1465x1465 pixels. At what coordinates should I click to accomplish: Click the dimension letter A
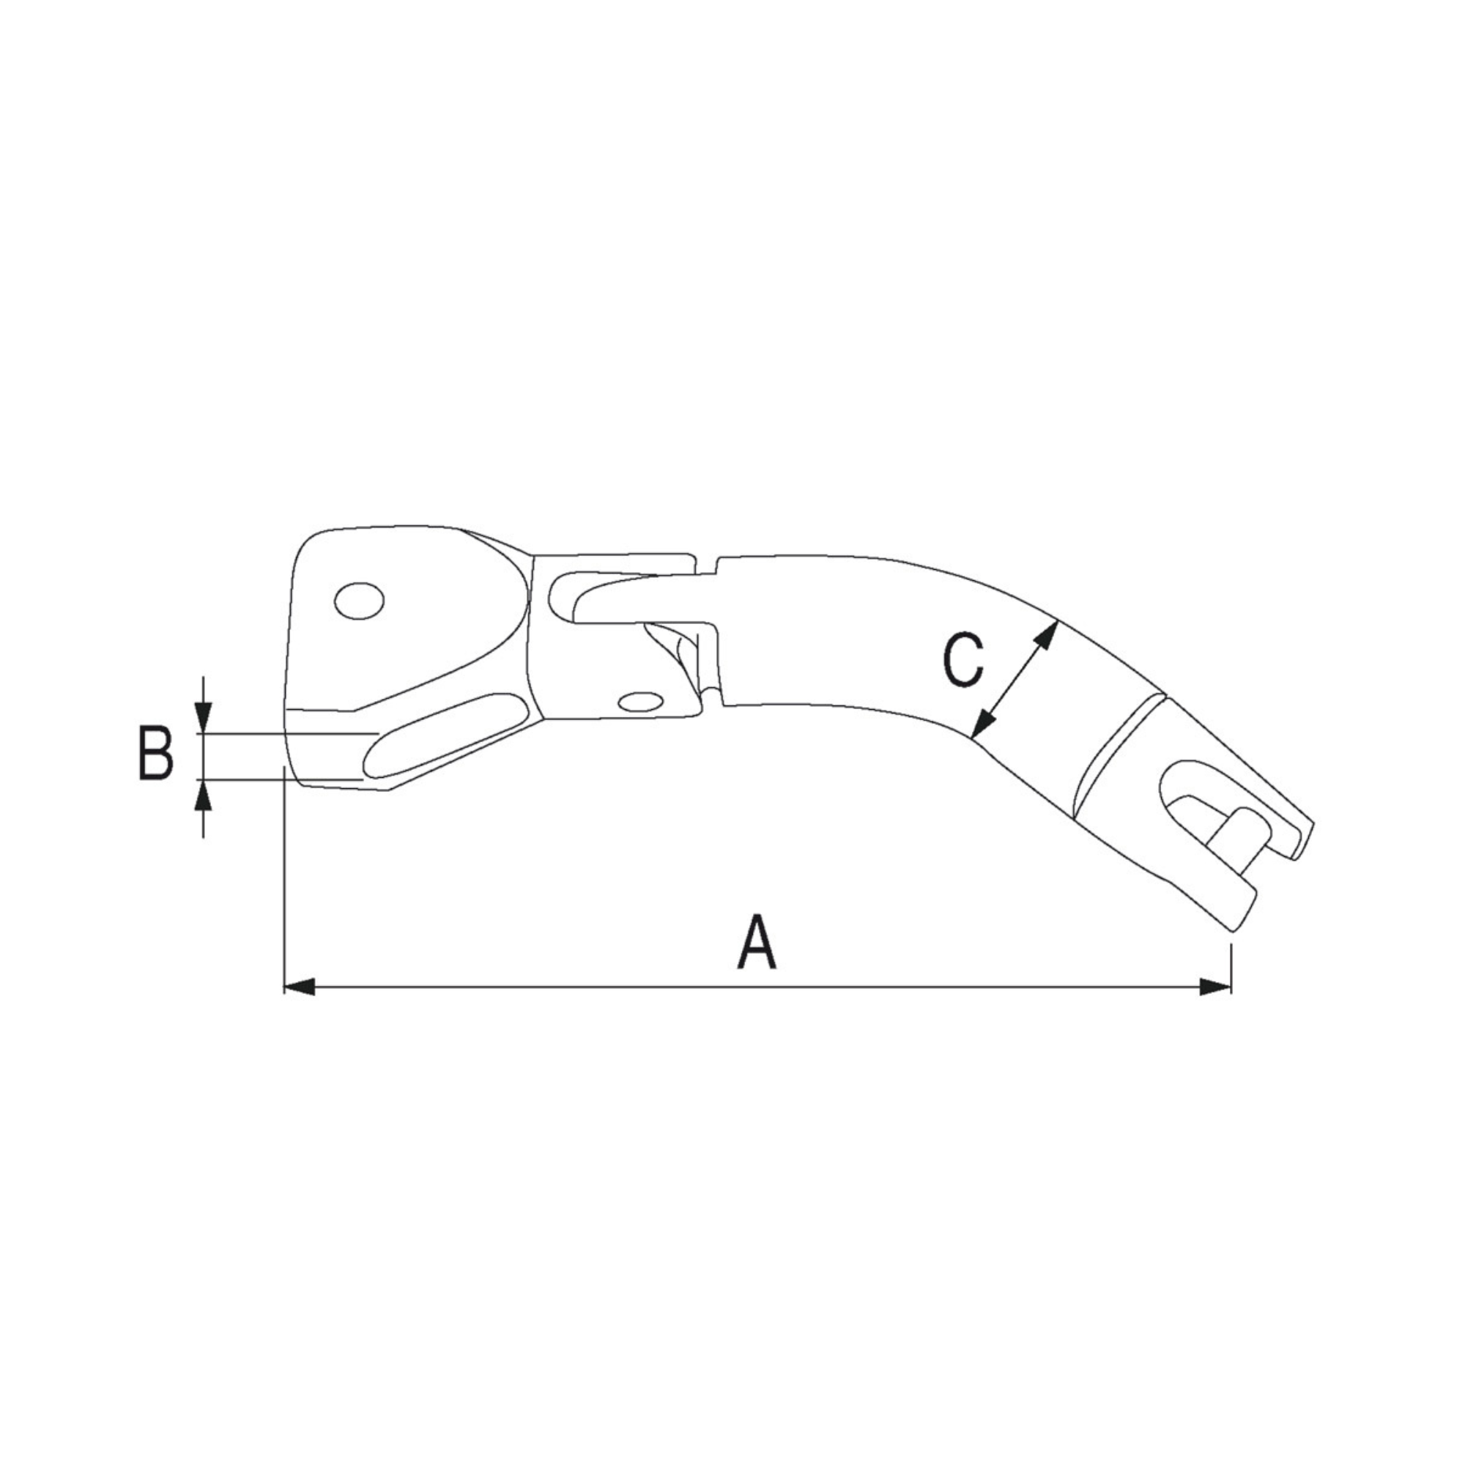tap(757, 943)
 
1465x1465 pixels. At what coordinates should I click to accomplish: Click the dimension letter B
tap(155, 754)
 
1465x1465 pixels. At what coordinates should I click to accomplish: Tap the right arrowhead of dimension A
tap(1216, 987)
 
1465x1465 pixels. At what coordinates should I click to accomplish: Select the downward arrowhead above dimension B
tap(203, 717)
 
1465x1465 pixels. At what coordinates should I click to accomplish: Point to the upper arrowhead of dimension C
tap(1047, 609)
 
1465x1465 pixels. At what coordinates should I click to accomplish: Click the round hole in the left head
tap(360, 601)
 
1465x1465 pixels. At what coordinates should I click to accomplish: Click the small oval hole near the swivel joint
tap(639, 702)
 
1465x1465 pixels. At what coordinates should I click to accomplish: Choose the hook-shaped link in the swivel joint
tap(637, 600)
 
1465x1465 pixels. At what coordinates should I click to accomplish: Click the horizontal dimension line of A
tap(758, 987)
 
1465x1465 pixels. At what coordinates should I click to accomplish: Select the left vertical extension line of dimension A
tap(283, 872)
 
